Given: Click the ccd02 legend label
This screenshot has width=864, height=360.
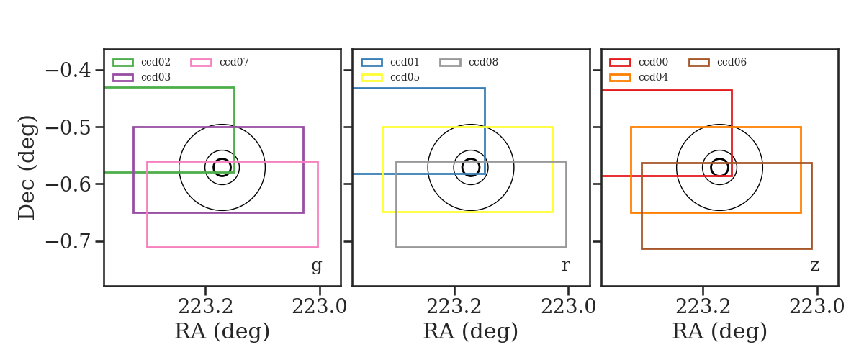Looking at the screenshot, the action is click(156, 62).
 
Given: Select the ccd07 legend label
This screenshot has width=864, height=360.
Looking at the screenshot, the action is click(234, 62).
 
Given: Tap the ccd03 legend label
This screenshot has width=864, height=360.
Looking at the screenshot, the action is click(156, 77).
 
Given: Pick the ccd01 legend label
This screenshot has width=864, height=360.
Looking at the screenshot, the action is click(405, 62).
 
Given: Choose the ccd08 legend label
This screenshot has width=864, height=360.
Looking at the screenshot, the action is click(483, 62).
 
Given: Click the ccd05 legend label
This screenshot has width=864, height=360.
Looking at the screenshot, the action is click(405, 77).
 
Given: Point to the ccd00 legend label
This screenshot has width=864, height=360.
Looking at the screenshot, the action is click(654, 62).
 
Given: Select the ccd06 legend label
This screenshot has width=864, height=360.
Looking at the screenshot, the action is click(732, 62).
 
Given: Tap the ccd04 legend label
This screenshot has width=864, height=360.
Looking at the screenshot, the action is click(654, 77).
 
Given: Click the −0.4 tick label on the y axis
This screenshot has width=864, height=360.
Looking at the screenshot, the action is click(68, 71).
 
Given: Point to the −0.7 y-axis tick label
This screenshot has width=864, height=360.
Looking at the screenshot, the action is click(68, 241).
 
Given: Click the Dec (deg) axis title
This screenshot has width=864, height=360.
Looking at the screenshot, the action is click(27, 168).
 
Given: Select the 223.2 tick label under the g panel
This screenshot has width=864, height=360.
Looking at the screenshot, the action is click(205, 307).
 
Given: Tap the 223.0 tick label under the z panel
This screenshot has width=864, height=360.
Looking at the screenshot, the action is click(817, 307).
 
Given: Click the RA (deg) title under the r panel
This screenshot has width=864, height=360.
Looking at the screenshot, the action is click(471, 331).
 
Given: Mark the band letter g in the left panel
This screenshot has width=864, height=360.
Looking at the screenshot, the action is click(316, 266).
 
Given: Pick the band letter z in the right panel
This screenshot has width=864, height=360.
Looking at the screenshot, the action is click(814, 266).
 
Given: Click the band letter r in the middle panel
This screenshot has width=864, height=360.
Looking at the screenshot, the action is click(565, 266).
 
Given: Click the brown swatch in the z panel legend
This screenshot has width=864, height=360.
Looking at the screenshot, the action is click(699, 63).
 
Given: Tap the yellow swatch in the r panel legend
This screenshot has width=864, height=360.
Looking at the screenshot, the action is click(372, 78).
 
